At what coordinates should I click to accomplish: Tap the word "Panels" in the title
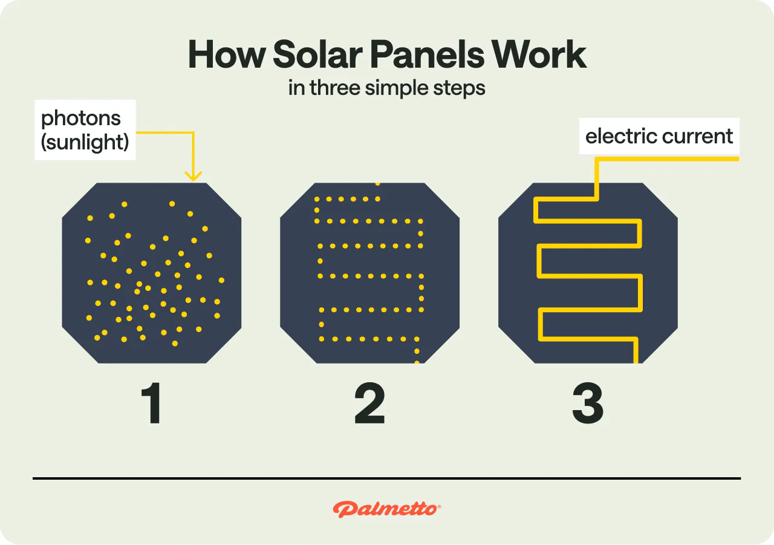tap(427, 55)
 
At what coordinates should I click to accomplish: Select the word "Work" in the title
tap(539, 55)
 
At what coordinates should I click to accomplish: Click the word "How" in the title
tap(227, 55)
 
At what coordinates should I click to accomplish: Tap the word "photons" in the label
tap(81, 119)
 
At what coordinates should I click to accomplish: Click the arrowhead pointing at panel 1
tap(193, 176)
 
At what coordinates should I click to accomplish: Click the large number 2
tap(369, 405)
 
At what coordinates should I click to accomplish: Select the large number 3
tap(587, 405)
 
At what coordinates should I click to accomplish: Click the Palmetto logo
tap(386, 509)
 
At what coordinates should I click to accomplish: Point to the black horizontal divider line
tap(386, 478)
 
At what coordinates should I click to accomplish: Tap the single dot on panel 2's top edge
tap(378, 183)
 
